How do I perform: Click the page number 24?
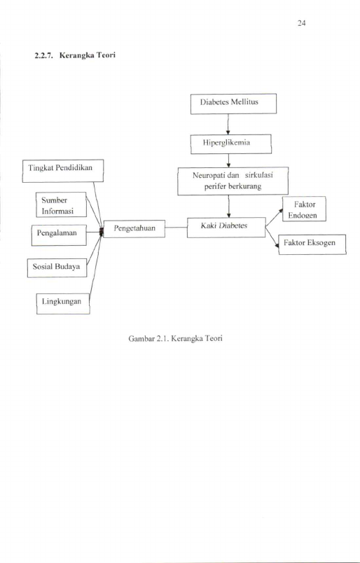301,24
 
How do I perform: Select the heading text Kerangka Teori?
88,55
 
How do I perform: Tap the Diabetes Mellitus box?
233,104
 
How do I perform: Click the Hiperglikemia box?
231,144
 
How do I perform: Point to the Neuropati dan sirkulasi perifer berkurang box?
233,181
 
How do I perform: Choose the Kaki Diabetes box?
226,228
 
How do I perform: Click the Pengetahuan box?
134,229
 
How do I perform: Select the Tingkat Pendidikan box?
63,171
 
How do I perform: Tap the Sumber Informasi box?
61,204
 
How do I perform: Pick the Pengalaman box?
59,235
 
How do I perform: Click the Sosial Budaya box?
57,268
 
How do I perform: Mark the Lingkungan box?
63,304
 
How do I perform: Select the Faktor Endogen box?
304,209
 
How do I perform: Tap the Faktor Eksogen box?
312,244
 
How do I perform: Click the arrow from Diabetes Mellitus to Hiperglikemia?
228,124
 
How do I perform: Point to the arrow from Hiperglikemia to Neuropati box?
228,160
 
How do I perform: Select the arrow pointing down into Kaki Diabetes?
228,207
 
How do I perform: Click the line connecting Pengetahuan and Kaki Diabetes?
176,228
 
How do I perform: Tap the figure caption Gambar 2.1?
175,339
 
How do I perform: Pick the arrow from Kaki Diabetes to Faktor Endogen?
274,218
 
